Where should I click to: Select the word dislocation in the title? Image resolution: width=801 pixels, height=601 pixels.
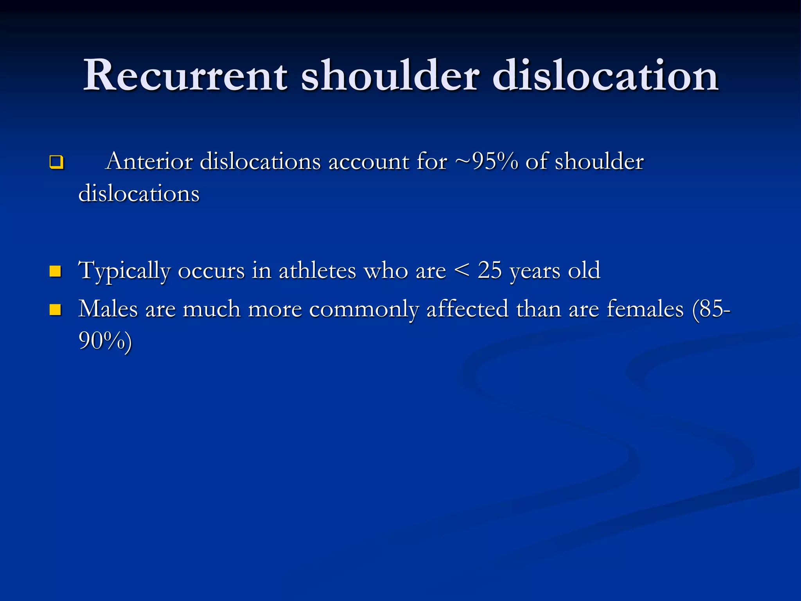click(x=605, y=75)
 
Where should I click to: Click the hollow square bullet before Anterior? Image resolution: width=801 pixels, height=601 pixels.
click(x=56, y=162)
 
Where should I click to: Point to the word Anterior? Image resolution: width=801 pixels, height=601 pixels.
click(x=149, y=161)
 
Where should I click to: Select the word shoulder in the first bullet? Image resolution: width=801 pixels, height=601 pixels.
click(x=599, y=161)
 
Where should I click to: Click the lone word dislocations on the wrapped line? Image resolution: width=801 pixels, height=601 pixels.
click(x=139, y=193)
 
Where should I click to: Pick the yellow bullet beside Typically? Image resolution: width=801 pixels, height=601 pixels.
click(x=56, y=271)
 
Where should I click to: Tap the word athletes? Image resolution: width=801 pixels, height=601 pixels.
click(x=317, y=270)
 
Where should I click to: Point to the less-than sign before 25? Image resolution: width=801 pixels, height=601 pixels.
click(x=462, y=270)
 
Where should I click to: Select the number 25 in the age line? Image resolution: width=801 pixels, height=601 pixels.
click(x=490, y=270)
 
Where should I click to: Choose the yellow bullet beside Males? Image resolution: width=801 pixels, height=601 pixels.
click(x=56, y=309)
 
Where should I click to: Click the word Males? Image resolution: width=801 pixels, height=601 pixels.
click(x=108, y=309)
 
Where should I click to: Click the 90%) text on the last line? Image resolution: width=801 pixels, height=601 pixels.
click(x=105, y=340)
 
